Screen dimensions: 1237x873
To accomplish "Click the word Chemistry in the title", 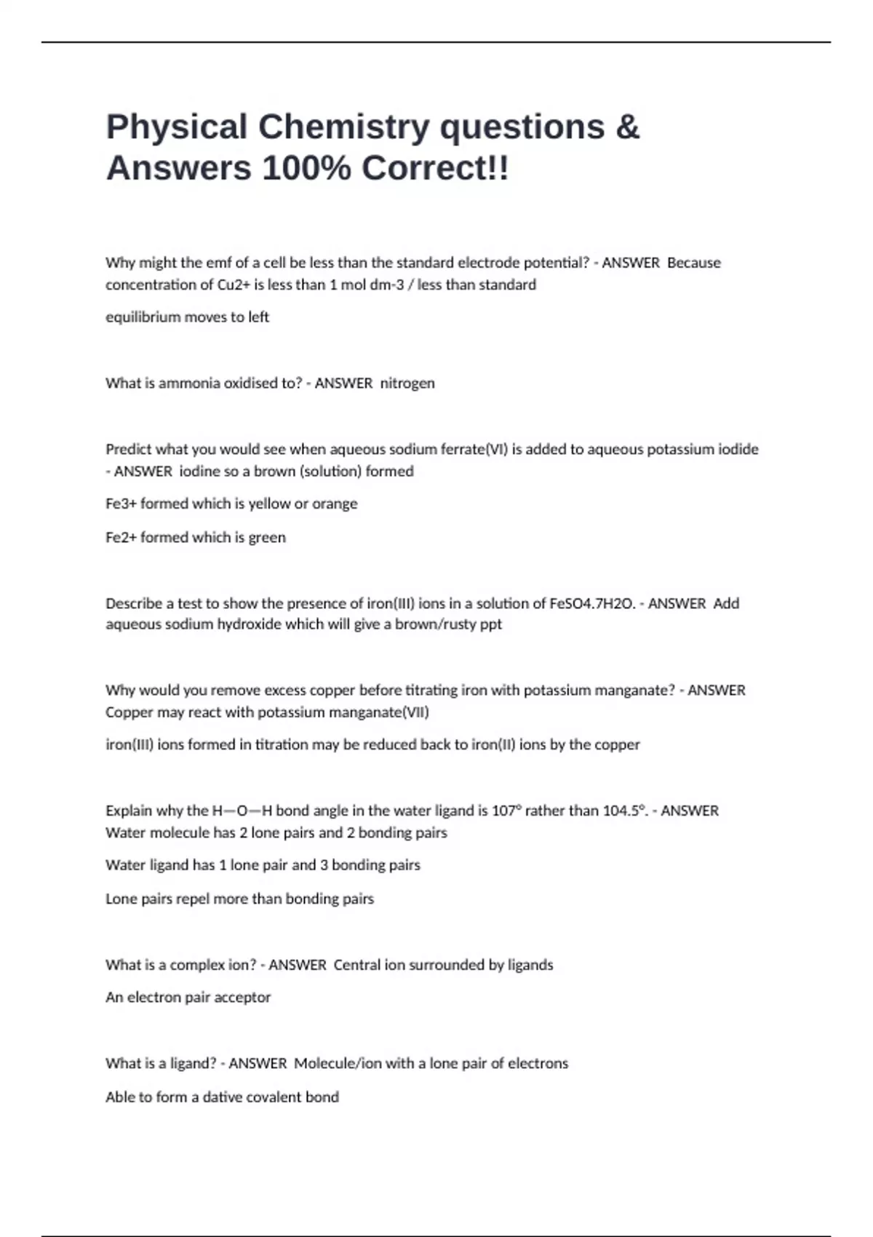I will tap(344, 127).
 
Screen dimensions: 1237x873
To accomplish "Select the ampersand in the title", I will tap(627, 127).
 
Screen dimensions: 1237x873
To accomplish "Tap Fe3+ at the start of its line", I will tap(121, 504).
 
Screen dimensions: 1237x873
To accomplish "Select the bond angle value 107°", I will tap(506, 811).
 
